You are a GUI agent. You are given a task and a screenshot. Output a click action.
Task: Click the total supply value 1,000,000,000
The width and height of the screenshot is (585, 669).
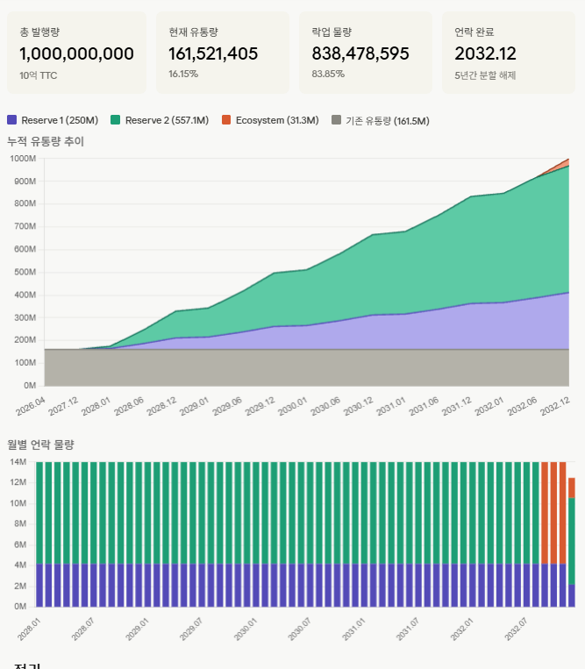[x=76, y=53]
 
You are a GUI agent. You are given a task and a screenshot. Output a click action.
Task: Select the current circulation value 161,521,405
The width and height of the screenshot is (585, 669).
[x=213, y=53]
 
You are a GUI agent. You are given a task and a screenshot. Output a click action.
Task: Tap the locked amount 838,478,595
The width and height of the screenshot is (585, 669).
[x=360, y=53]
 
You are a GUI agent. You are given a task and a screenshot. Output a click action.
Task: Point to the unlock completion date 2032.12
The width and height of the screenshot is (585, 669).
[x=485, y=53]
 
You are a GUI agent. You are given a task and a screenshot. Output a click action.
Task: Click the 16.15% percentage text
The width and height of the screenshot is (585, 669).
[x=183, y=75]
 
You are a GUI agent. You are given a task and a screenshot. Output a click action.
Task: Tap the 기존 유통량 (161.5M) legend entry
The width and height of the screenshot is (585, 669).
[x=380, y=120]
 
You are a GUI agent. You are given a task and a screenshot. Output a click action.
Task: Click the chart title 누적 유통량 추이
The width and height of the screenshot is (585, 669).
[x=46, y=141]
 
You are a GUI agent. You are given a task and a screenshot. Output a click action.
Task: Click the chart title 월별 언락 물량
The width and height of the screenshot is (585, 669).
[x=40, y=445]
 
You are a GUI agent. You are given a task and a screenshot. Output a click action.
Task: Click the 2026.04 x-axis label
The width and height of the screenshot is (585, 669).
[x=31, y=406]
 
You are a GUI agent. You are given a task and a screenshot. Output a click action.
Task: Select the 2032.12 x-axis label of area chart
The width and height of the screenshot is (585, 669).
[x=554, y=406]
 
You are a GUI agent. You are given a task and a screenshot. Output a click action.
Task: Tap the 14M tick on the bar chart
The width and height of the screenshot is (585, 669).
[x=18, y=462]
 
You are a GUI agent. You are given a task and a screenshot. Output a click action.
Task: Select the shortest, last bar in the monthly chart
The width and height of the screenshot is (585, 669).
[x=572, y=544]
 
